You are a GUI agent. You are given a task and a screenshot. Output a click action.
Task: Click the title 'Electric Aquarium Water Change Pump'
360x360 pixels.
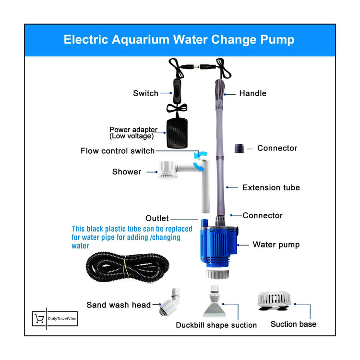click(x=179, y=39)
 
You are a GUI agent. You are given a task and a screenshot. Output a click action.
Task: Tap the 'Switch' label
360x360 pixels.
click(x=145, y=93)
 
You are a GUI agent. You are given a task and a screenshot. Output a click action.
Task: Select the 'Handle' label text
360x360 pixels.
click(x=252, y=93)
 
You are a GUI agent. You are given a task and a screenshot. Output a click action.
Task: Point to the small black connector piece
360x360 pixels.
click(x=239, y=148)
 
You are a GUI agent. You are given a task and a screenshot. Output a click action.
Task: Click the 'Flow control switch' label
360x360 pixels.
click(x=118, y=151)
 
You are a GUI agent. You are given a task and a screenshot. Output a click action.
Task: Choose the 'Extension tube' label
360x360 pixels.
click(x=271, y=187)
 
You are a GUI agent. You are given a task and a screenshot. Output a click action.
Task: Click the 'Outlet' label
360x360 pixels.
click(x=157, y=219)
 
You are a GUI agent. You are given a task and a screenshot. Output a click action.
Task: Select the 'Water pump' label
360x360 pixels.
click(x=276, y=245)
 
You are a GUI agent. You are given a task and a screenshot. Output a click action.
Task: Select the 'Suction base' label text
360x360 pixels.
click(x=293, y=324)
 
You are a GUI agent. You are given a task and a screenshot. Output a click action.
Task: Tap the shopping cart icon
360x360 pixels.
click(x=39, y=318)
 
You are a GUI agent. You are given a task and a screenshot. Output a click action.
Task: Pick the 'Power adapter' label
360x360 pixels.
click(x=133, y=133)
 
